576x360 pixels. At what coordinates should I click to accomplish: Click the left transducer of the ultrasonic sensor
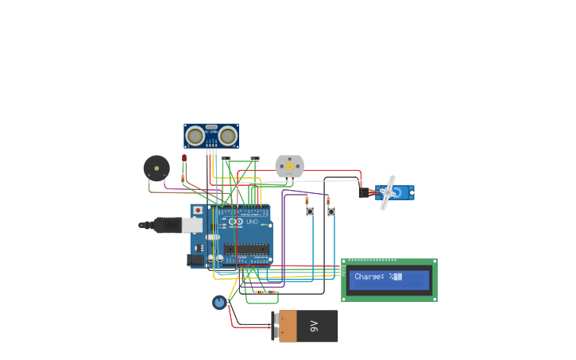[x=195, y=137]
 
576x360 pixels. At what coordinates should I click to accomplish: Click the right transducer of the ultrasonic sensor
[x=228, y=137]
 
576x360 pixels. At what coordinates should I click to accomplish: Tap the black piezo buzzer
[x=157, y=168]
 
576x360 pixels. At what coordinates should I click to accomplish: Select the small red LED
[x=184, y=158]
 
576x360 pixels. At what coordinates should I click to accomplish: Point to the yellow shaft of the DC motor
[x=290, y=166]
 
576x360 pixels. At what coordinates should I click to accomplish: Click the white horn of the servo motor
[x=387, y=192]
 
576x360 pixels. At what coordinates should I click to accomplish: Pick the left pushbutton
[x=310, y=211]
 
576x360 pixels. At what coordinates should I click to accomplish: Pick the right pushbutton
[x=331, y=211]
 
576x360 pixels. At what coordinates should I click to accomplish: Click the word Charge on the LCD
[x=369, y=277]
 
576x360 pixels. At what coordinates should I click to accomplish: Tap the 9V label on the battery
[x=314, y=326]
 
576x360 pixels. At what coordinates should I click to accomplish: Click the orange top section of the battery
[x=287, y=326]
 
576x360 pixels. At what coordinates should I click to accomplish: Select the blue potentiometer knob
[x=219, y=302]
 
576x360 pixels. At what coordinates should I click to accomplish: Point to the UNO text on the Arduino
[x=252, y=222]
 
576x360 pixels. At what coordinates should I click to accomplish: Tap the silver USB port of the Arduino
[x=192, y=225]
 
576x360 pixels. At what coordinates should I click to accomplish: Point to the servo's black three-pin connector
[x=365, y=192]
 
